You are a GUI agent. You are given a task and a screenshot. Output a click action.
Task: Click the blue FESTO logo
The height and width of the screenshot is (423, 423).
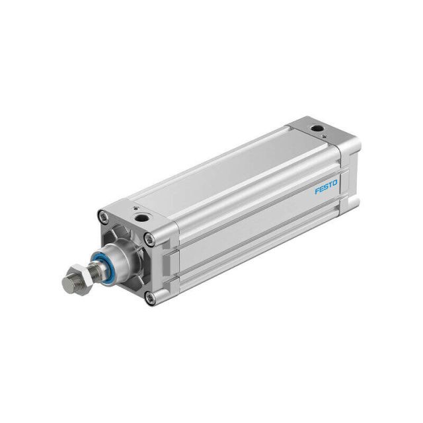point(326,186)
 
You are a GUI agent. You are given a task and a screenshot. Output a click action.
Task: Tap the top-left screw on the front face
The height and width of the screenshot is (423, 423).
point(103,216)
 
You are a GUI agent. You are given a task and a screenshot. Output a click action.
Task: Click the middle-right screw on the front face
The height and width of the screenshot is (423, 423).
point(149,239)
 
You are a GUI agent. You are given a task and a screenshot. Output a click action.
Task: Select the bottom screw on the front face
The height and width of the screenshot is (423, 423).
point(150,297)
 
